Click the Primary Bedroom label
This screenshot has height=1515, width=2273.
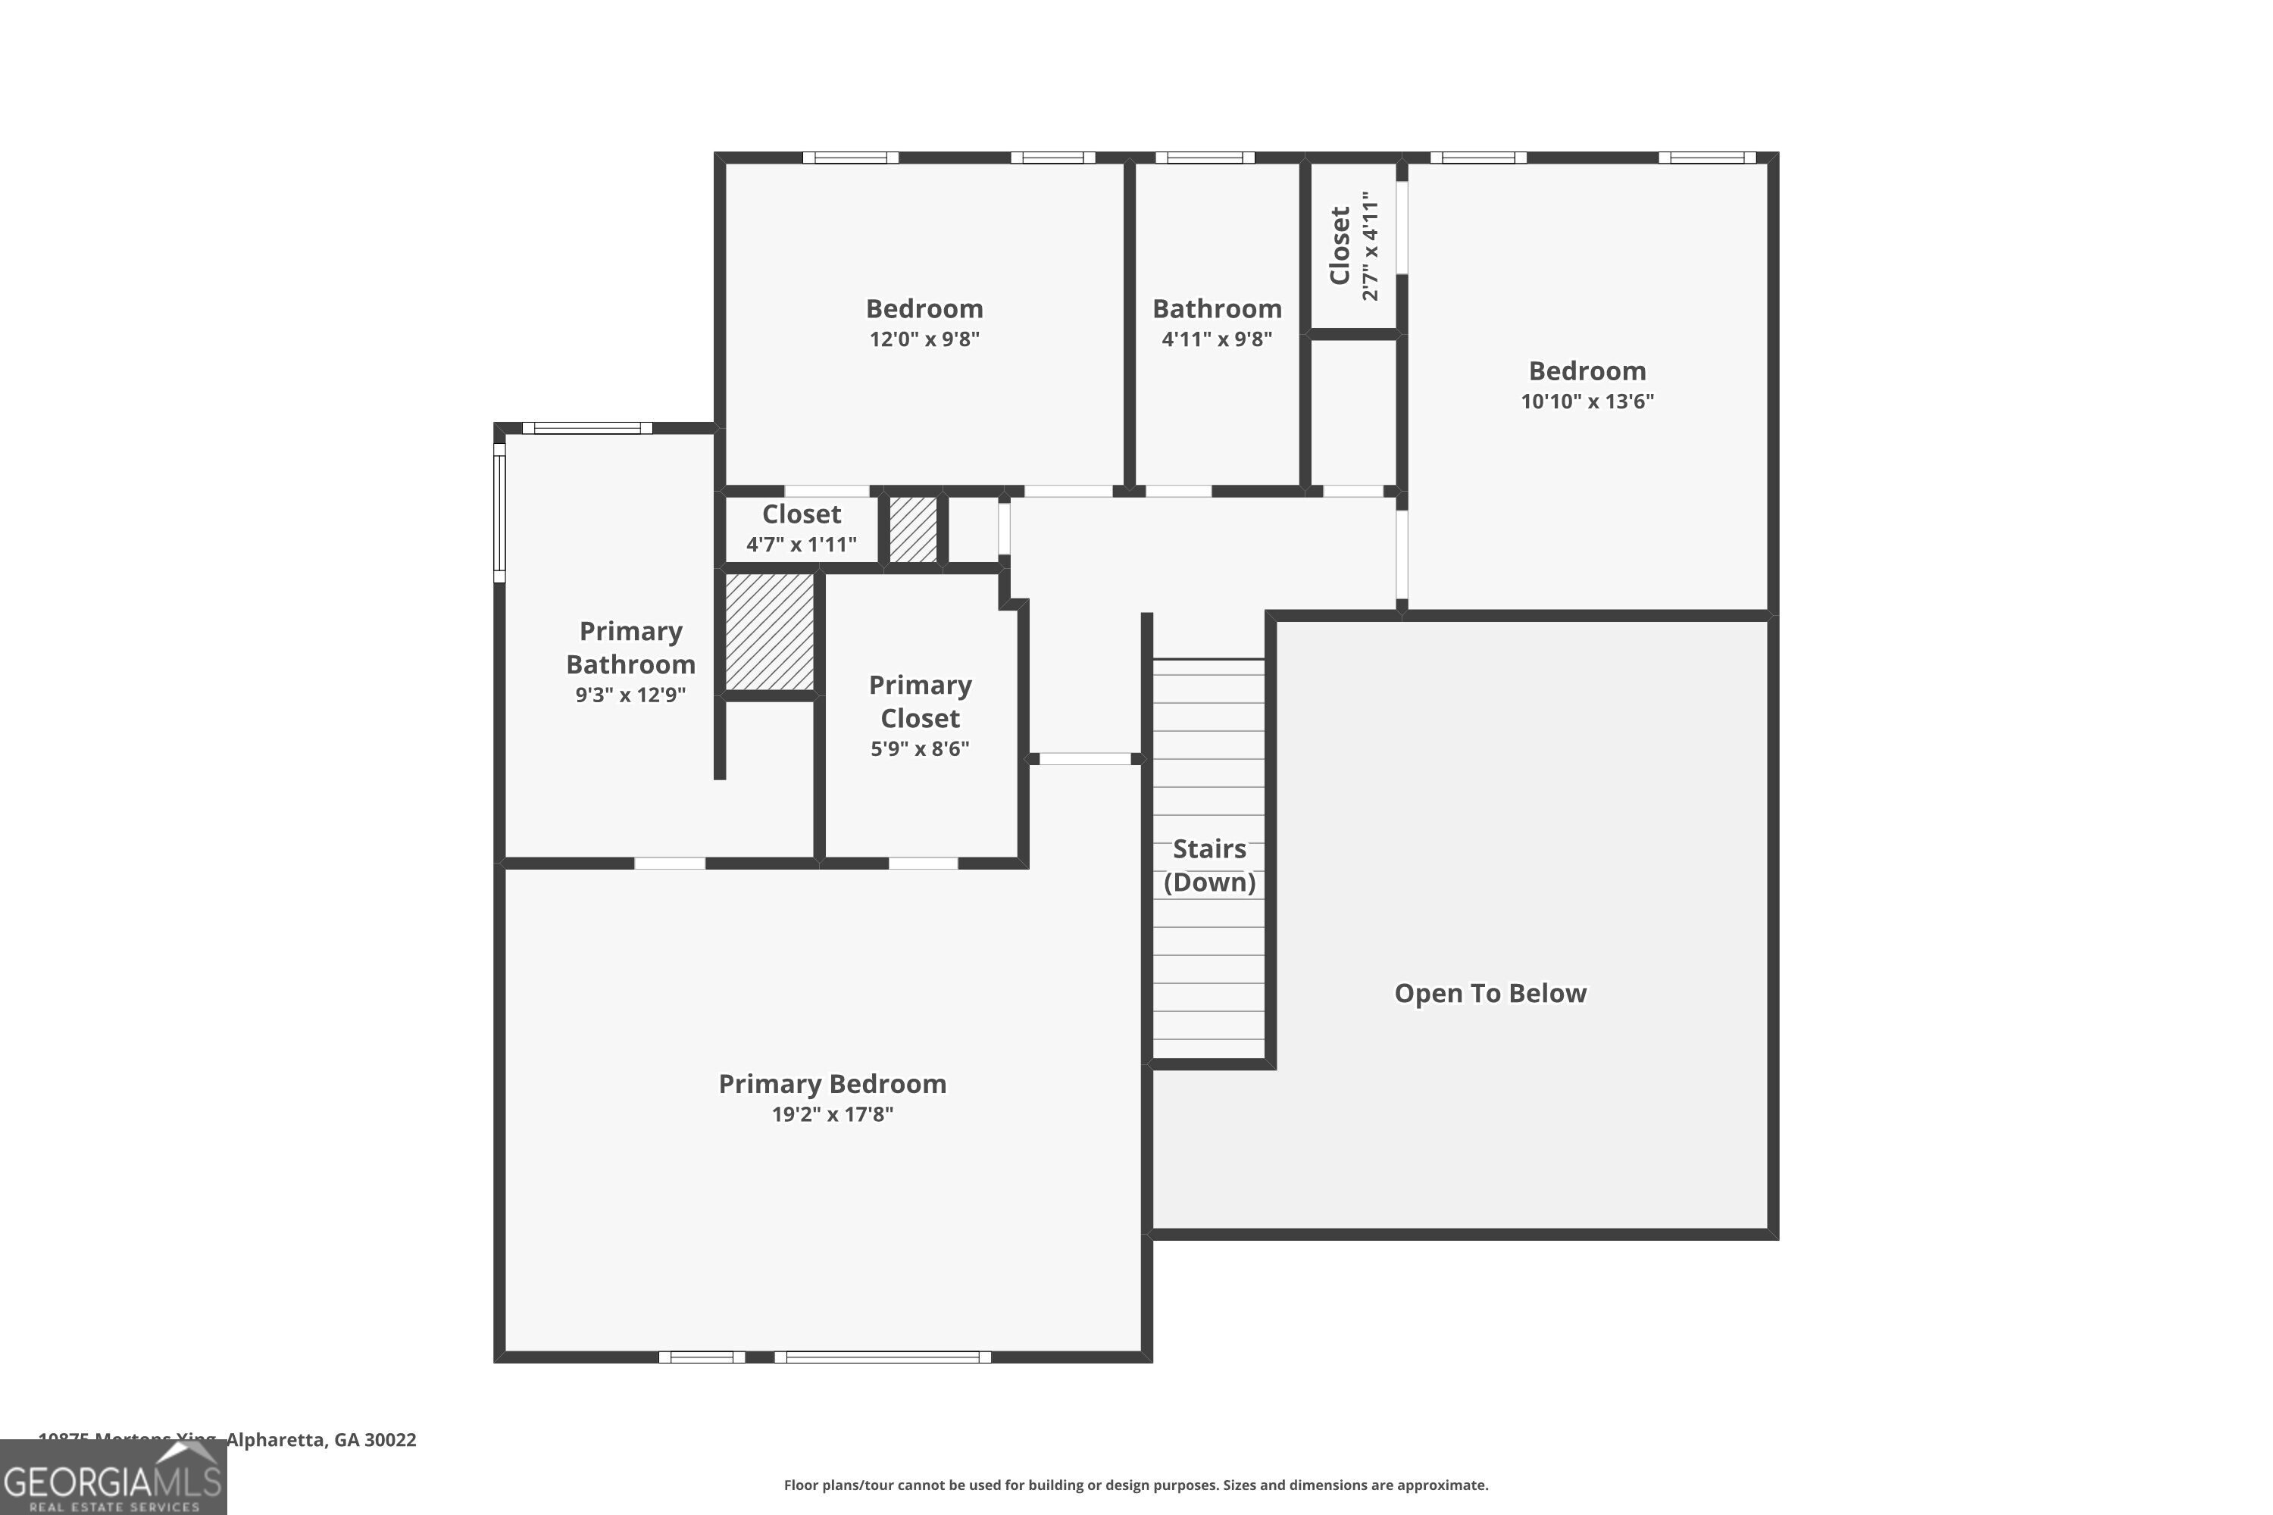pyautogui.click(x=832, y=1083)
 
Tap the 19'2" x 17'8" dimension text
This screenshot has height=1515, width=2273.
pyautogui.click(x=832, y=1114)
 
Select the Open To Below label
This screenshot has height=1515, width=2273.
pyautogui.click(x=1490, y=993)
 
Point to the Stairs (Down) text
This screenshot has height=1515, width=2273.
pyautogui.click(x=1209, y=865)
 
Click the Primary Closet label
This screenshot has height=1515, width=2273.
pyautogui.click(x=920, y=701)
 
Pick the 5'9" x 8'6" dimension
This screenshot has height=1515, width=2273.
pyautogui.click(x=920, y=749)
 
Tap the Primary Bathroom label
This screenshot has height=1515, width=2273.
pyautogui.click(x=630, y=648)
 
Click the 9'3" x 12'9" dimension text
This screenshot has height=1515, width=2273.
pyautogui.click(x=630, y=695)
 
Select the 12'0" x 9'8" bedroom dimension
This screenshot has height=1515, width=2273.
pyautogui.click(x=924, y=339)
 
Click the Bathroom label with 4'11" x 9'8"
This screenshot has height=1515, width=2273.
pyautogui.click(x=1217, y=309)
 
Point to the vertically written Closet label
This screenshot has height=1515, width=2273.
pyautogui.click(x=1340, y=245)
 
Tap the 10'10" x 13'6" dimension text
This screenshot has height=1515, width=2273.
pyautogui.click(x=1587, y=401)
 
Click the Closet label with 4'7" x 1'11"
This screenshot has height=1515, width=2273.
pyautogui.click(x=801, y=514)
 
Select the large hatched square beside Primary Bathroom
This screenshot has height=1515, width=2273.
pyautogui.click(x=769, y=632)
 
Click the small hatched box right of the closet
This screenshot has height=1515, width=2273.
pyautogui.click(x=913, y=529)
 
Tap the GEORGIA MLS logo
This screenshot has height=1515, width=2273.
pyautogui.click(x=113, y=1479)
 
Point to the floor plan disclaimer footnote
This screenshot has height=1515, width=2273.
pyautogui.click(x=1136, y=1485)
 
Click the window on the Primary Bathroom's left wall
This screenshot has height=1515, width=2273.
pyautogui.click(x=499, y=513)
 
